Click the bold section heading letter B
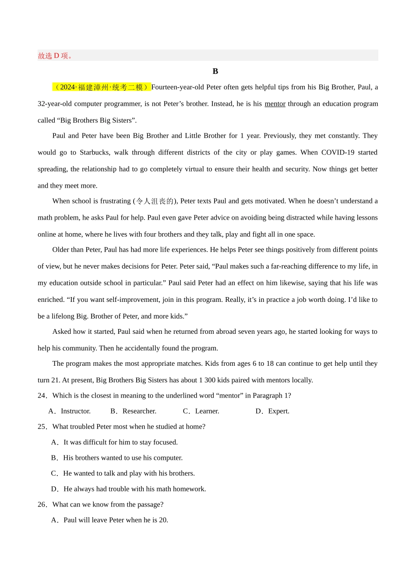[215, 71]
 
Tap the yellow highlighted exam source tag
[102, 87]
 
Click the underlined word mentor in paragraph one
[275, 104]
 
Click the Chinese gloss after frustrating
[155, 201]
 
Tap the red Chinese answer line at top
[56, 56]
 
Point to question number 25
[42, 427]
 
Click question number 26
[42, 504]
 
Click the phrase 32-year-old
[54, 104]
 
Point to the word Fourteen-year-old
[177, 87]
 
